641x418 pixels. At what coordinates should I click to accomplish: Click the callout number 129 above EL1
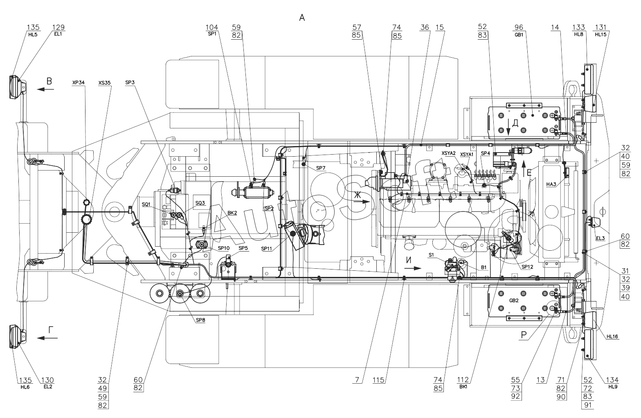click(58, 27)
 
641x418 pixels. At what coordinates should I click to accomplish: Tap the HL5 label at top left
click(33, 34)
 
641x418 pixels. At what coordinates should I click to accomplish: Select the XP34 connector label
click(79, 83)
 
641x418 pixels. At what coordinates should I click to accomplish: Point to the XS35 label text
click(104, 83)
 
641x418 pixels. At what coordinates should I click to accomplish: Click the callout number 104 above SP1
click(212, 27)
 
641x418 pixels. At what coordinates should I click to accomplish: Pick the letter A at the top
click(302, 17)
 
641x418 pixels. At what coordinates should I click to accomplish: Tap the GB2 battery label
click(514, 301)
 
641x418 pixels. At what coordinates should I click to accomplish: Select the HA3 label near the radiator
click(551, 184)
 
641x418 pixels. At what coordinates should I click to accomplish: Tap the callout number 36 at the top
click(424, 27)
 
